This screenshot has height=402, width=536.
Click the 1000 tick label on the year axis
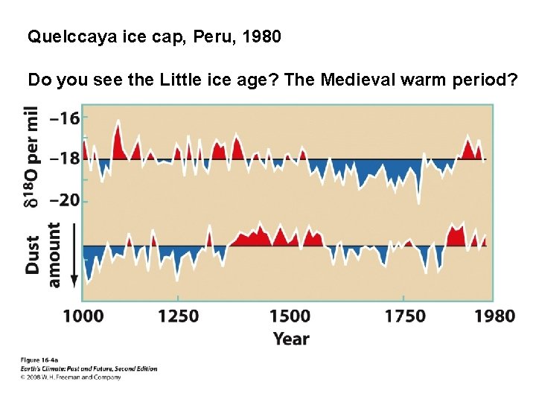[83, 316]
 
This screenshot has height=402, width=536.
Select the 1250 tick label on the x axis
[178, 316]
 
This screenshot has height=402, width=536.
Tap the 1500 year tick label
[290, 316]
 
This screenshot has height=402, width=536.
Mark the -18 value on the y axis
[63, 159]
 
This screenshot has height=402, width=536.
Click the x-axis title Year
[291, 339]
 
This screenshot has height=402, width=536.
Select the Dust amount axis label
[43, 255]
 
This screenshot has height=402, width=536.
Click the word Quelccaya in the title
[62, 36]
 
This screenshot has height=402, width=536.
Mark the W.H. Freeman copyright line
[71, 377]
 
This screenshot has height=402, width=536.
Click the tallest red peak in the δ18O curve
[118, 123]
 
